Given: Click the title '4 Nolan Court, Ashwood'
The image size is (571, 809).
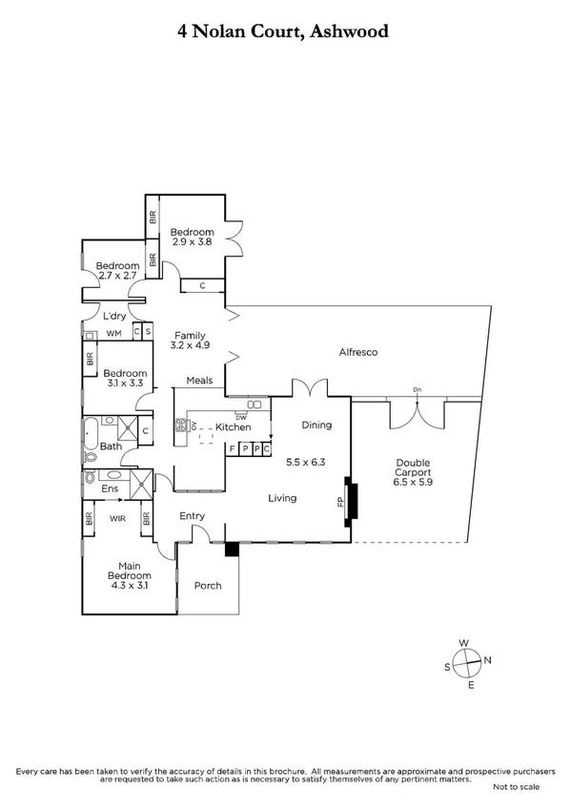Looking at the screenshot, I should pyautogui.click(x=285, y=31).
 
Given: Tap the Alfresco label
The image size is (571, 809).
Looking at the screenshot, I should pyautogui.click(x=359, y=353).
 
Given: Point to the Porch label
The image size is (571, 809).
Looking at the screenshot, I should pyautogui.click(x=208, y=585).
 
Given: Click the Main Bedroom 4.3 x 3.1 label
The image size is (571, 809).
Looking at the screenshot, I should pyautogui.click(x=129, y=570).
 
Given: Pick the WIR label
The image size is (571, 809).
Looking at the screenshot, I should pyautogui.click(x=117, y=518).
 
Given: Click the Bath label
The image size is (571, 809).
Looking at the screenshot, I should pyautogui.click(x=111, y=446).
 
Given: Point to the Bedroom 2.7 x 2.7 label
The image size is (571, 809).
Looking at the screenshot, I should pyautogui.click(x=119, y=271).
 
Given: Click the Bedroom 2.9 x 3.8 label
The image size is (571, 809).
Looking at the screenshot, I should pyautogui.click(x=192, y=237).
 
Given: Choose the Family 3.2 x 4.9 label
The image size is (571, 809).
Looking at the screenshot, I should pyautogui.click(x=190, y=341).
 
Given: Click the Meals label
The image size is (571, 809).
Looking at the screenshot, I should pyautogui.click(x=199, y=380).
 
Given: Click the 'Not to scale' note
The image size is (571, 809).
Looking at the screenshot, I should pyautogui.click(x=516, y=787).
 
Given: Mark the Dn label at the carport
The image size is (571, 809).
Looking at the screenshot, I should pyautogui.click(x=417, y=389).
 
